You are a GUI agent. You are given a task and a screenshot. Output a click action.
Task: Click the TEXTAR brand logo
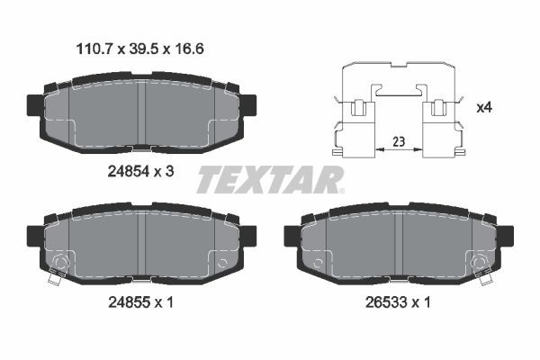[x=268, y=180]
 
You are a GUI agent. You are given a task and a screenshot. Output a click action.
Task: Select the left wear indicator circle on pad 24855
[x=59, y=263]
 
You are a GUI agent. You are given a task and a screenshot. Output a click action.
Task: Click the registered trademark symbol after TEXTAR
[x=340, y=190]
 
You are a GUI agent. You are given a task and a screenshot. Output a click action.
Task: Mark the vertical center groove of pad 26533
[x=398, y=243]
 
